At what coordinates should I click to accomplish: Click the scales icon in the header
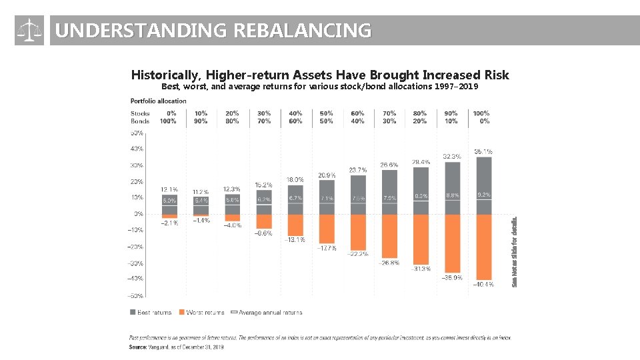[29, 31]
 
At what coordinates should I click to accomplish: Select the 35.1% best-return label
[483, 151]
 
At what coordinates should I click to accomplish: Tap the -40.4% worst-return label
[483, 284]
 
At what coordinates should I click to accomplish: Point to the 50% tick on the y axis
[137, 133]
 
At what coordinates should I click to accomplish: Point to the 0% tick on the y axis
[138, 214]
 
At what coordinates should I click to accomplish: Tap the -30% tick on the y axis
[136, 263]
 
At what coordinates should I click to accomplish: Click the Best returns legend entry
[151, 312]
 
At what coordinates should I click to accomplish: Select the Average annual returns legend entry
[266, 312]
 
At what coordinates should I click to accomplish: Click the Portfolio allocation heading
[158, 101]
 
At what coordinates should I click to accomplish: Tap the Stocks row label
[140, 113]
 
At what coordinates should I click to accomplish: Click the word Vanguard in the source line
[159, 347]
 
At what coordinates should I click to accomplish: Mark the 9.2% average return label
[483, 195]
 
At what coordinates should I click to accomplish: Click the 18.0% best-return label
[295, 179]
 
